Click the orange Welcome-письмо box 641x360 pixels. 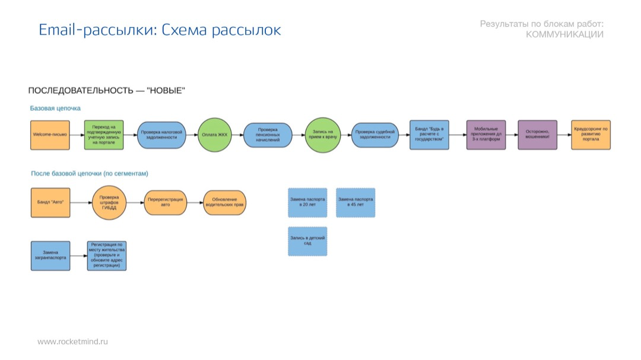50,135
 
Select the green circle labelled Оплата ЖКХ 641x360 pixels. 214,135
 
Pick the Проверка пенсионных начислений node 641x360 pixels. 268,135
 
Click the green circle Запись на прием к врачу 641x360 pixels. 323,135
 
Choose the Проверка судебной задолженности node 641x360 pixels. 375,135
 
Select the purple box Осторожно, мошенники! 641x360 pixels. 537,135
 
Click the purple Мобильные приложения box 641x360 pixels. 485,135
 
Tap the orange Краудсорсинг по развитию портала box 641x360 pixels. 591,135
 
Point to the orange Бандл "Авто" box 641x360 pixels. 50,202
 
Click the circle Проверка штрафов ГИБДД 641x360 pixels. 109,202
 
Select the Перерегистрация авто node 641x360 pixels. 165,202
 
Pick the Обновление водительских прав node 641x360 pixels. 224,202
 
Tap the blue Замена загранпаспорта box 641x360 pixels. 50,256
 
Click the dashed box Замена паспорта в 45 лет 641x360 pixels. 356,202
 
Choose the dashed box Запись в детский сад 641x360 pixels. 307,241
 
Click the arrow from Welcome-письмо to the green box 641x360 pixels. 77,135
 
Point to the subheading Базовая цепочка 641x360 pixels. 55,109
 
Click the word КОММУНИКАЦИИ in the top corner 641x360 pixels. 564,35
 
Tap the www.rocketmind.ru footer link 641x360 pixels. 72,342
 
